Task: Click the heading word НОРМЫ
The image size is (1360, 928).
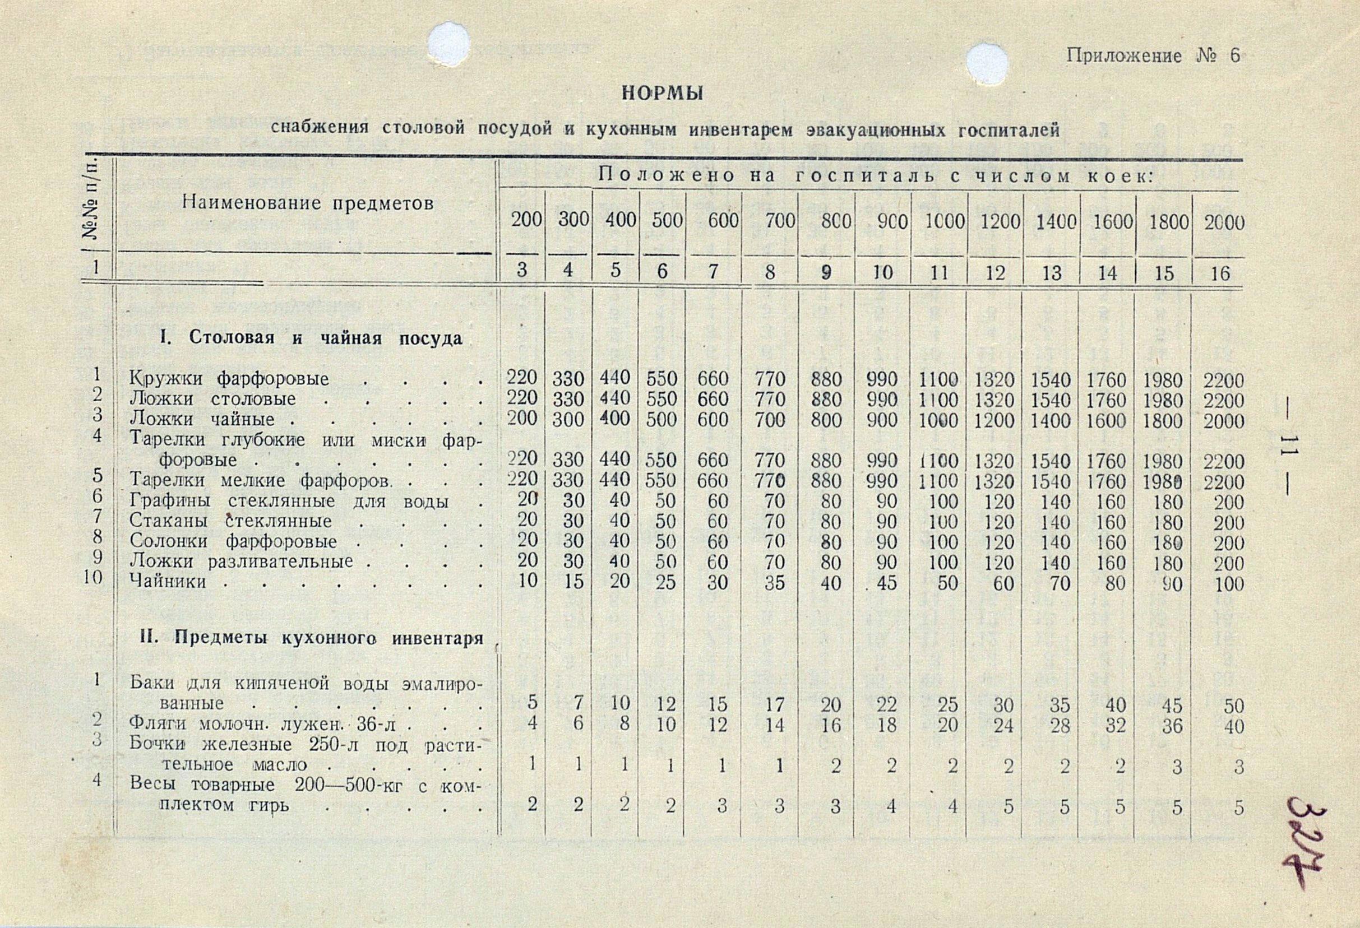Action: [662, 94]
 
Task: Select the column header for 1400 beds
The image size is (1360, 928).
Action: [1052, 222]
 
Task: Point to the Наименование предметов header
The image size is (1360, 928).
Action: [308, 203]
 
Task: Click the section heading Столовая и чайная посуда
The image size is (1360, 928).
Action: [310, 338]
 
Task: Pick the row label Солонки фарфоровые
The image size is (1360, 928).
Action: [233, 541]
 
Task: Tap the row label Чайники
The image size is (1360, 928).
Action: [168, 582]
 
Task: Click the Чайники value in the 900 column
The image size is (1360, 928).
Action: [886, 583]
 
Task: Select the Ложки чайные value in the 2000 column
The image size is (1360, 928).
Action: [1224, 421]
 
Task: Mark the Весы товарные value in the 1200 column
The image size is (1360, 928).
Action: [1008, 807]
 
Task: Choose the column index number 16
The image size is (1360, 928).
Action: [1220, 273]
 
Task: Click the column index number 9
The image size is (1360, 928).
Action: [826, 273]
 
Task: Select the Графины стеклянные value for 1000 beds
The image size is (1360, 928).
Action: [942, 502]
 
